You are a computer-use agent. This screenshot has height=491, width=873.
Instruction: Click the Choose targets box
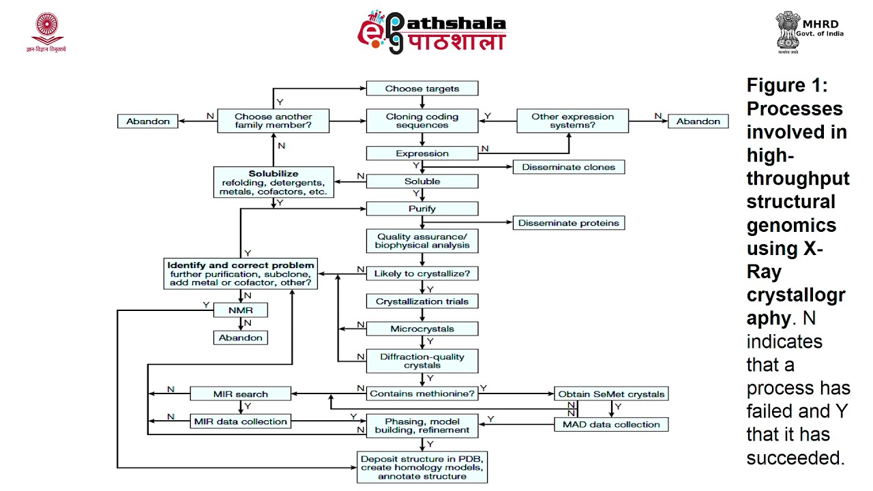[x=422, y=89]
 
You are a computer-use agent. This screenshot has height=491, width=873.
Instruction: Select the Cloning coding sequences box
[x=422, y=121]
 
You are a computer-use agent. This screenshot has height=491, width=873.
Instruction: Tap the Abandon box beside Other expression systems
[x=698, y=121]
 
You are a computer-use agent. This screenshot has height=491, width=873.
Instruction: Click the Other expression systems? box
[x=572, y=121]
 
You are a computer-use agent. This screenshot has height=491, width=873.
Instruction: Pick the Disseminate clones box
[x=568, y=167]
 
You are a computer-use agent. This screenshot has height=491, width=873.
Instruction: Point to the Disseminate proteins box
[x=568, y=223]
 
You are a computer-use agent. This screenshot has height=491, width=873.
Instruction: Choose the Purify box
[x=422, y=209]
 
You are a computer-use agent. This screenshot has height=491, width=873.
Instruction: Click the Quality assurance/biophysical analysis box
[x=422, y=241]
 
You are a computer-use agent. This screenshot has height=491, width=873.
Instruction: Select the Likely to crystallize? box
[x=422, y=273]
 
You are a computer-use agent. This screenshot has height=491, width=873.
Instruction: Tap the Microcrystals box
[x=422, y=329]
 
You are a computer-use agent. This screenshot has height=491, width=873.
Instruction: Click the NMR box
[x=240, y=310]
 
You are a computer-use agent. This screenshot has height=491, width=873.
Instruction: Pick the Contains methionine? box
[x=422, y=393]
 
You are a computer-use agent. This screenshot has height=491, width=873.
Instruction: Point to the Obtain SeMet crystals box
[x=610, y=394]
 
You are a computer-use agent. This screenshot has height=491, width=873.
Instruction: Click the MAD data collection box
[x=610, y=424]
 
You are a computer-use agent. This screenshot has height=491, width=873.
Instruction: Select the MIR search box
[x=240, y=394]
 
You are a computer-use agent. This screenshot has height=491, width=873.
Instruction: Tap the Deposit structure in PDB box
[x=422, y=467]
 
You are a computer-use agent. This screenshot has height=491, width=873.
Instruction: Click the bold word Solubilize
[x=273, y=174]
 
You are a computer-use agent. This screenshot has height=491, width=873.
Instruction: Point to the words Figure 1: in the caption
[x=786, y=86]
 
